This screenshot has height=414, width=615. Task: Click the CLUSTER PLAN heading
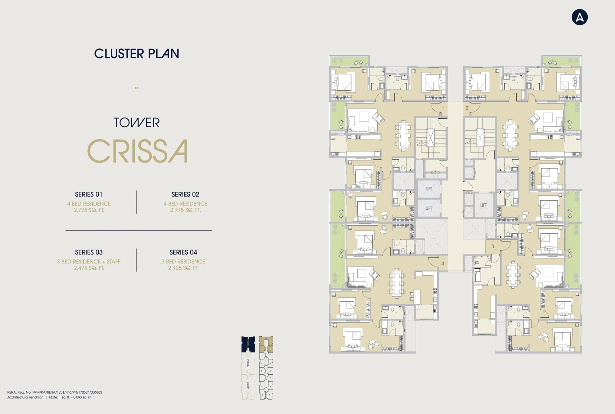tap(137, 54)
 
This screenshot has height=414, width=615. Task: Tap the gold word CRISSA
tap(137, 151)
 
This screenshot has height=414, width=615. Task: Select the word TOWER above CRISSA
tap(137, 123)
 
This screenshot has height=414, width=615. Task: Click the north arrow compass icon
tap(579, 17)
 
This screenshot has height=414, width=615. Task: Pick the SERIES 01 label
tap(89, 194)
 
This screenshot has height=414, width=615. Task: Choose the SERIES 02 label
tap(185, 194)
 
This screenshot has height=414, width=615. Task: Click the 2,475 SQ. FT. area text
tap(89, 268)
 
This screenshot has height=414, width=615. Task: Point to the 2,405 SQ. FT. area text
tap(183, 268)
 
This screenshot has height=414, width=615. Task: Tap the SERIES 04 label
tap(183, 252)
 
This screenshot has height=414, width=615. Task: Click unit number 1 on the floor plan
tap(443, 109)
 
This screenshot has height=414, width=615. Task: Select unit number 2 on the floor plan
tap(467, 108)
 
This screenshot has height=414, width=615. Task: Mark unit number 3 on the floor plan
tap(493, 246)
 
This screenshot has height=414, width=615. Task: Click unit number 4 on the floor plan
tap(442, 263)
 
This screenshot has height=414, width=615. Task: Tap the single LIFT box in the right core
tap(483, 205)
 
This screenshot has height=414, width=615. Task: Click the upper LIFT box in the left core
tap(429, 189)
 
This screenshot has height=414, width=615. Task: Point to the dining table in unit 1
tap(403, 135)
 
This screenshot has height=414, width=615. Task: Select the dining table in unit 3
tap(513, 274)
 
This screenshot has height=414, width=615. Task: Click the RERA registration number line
tap(55, 392)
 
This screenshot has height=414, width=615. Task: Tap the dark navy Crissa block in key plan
tap(248, 344)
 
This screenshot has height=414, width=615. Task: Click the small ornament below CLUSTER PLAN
tap(137, 88)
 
